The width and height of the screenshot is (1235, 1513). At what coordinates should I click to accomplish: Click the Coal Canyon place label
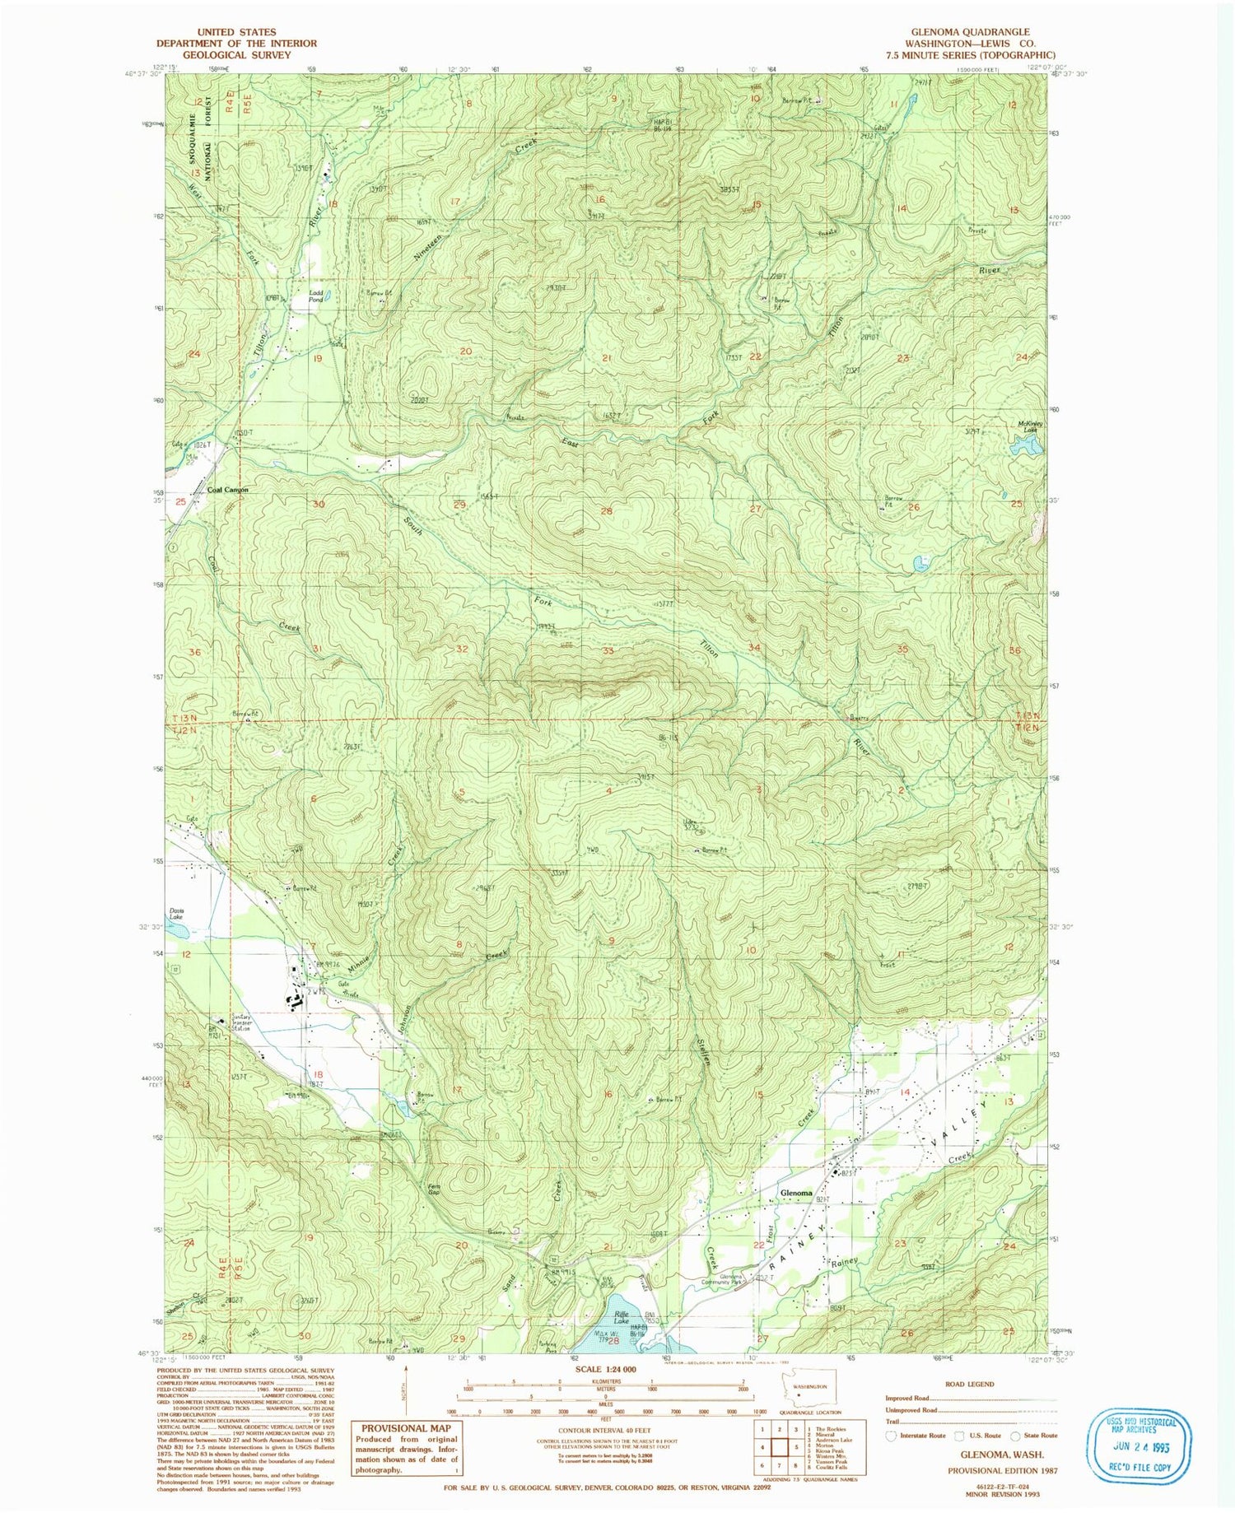tap(227, 490)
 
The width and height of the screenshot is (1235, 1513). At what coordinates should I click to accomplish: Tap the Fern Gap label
tap(434, 1189)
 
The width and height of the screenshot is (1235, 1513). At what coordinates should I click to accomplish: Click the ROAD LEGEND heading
tap(970, 1384)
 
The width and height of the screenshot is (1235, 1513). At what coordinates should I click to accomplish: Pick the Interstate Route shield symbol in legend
tap(889, 1435)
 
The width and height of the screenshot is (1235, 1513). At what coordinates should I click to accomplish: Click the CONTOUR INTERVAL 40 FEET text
tap(600, 1432)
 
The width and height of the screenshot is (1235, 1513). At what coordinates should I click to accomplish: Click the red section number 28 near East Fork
tap(607, 511)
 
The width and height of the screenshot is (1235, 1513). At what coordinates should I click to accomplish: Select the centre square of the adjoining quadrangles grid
tap(779, 1446)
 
